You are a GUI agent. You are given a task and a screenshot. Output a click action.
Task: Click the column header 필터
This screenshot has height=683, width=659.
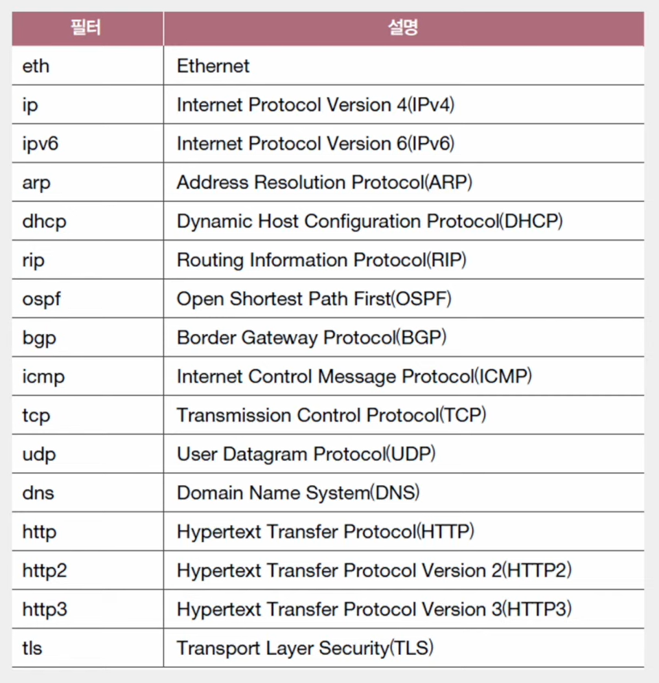pyautogui.click(x=87, y=28)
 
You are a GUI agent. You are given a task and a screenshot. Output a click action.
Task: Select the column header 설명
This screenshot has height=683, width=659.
pyautogui.click(x=403, y=28)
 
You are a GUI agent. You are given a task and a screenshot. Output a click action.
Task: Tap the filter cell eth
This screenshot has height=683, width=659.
pyautogui.click(x=36, y=66)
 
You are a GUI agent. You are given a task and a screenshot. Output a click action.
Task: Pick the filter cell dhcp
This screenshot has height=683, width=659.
pyautogui.click(x=45, y=221)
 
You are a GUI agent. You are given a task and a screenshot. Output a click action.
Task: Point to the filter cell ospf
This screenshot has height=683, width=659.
pyautogui.click(x=41, y=300)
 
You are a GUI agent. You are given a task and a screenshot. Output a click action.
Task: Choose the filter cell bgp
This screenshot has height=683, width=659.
pyautogui.click(x=39, y=338)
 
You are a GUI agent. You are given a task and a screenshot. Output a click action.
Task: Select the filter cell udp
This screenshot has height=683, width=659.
pyautogui.click(x=39, y=454)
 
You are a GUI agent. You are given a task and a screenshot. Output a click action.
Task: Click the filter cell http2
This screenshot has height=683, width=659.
pyautogui.click(x=45, y=570)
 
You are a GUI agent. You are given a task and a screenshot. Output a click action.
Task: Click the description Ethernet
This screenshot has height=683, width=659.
pyautogui.click(x=213, y=66)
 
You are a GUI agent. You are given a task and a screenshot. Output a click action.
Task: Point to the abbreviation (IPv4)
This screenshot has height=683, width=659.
pyautogui.click(x=431, y=105)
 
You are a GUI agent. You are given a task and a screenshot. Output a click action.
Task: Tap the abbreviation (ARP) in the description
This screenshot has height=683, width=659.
pyautogui.click(x=448, y=183)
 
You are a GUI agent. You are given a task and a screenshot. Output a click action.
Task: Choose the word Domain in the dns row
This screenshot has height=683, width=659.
pyautogui.click(x=204, y=493)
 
